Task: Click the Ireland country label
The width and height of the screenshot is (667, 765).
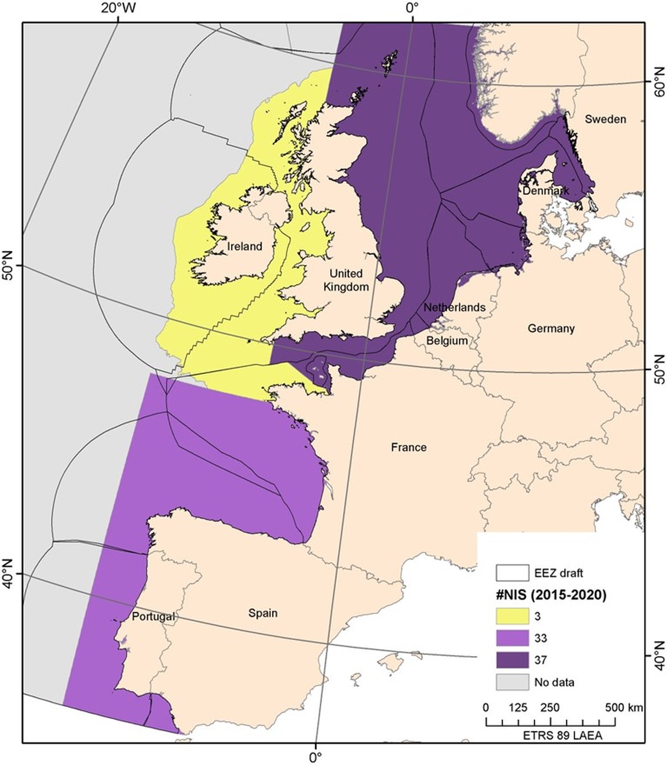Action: (x=245, y=246)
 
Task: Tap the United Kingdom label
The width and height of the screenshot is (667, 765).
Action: (x=346, y=280)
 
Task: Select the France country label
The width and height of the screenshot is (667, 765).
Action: (x=409, y=447)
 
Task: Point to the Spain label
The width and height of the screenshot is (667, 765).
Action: (x=263, y=613)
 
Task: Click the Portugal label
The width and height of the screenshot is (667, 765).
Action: (x=153, y=616)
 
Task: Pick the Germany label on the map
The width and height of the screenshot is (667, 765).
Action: (x=551, y=328)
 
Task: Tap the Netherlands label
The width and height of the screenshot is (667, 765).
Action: (x=454, y=307)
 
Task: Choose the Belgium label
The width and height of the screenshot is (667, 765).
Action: (x=447, y=340)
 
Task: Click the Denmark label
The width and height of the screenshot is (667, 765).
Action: (x=546, y=190)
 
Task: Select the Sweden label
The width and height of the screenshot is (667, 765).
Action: (x=605, y=119)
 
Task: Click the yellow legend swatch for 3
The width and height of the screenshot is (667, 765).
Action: (x=512, y=616)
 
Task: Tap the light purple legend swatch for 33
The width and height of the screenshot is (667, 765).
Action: (x=512, y=638)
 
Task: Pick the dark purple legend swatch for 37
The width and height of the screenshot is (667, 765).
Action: (x=512, y=660)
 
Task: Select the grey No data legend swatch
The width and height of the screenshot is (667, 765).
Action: (x=512, y=682)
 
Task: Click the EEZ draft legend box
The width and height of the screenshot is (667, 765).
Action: (x=512, y=573)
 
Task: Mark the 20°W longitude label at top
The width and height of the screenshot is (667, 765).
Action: (x=119, y=8)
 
